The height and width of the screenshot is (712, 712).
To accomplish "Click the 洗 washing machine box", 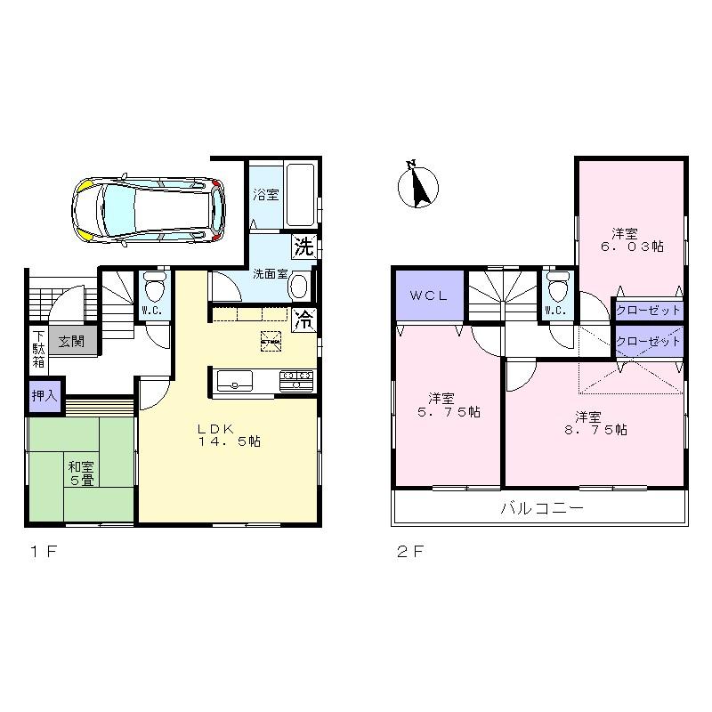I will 303,245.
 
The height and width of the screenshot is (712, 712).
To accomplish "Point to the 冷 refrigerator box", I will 303,319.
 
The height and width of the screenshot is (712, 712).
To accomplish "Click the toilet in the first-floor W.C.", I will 153,287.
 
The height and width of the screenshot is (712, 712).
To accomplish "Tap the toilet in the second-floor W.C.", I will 558,289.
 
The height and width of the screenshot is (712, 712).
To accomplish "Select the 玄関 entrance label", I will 72,341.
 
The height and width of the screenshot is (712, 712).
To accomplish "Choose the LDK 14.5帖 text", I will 228,434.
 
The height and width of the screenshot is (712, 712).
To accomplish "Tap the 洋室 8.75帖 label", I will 594,423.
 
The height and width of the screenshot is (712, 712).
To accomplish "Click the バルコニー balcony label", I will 540,509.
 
